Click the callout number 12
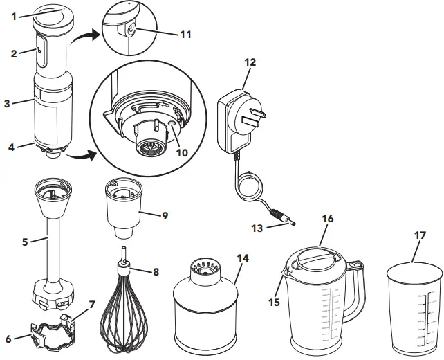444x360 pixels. click(250, 62)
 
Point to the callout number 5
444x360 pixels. click(24, 242)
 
